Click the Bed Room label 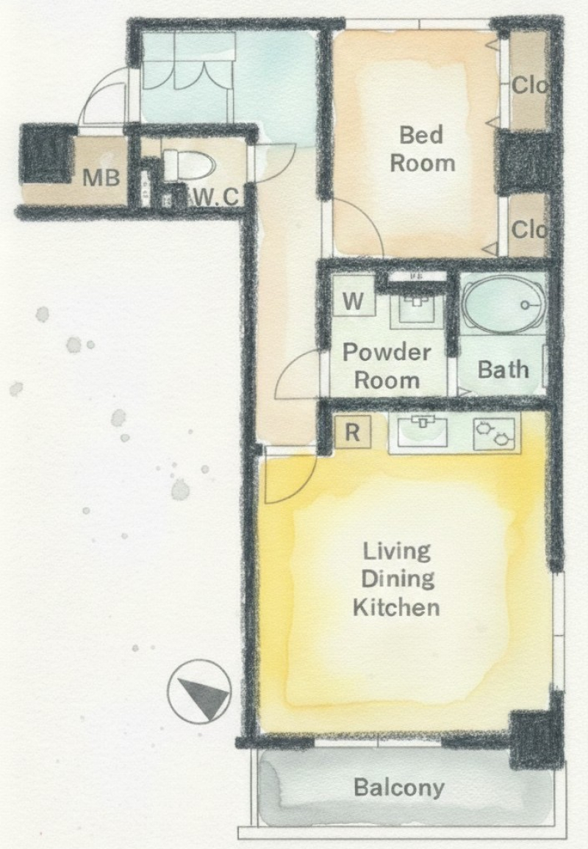(x=422, y=149)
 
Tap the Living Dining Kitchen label (x=397, y=578)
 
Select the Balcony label (x=399, y=787)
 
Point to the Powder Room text (x=387, y=366)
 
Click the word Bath (x=503, y=370)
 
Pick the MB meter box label (x=101, y=177)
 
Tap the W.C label (x=215, y=197)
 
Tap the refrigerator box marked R (x=353, y=432)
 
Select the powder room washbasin (x=417, y=309)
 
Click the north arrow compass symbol (x=199, y=692)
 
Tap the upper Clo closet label (x=529, y=85)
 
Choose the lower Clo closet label (x=528, y=229)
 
